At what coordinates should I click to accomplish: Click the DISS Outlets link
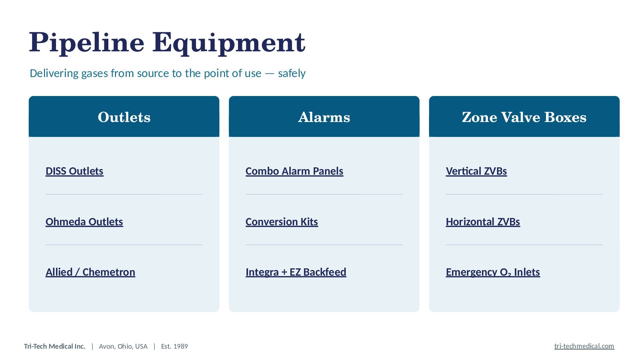click(74, 171)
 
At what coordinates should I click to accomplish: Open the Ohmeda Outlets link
click(84, 222)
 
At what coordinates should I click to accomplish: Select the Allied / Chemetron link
click(90, 272)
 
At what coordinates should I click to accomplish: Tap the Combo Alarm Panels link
click(294, 171)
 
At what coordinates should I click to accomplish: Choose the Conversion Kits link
click(282, 222)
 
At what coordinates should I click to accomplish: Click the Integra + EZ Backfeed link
click(296, 272)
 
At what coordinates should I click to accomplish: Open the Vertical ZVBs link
click(476, 171)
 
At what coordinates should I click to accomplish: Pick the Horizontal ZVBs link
click(483, 222)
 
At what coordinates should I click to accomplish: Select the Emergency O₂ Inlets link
click(493, 272)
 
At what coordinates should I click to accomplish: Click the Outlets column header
click(124, 117)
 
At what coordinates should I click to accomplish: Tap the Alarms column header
click(324, 117)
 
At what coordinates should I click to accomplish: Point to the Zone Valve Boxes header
click(524, 117)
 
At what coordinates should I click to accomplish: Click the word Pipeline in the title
click(87, 43)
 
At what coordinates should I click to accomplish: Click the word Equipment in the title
click(229, 43)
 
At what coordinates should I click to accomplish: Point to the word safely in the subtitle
click(292, 73)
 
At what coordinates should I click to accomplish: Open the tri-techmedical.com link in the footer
click(584, 346)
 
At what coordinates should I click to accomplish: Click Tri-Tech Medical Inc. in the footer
click(55, 346)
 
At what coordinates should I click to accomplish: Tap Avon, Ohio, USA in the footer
click(123, 346)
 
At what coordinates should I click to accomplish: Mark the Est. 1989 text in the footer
click(174, 346)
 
